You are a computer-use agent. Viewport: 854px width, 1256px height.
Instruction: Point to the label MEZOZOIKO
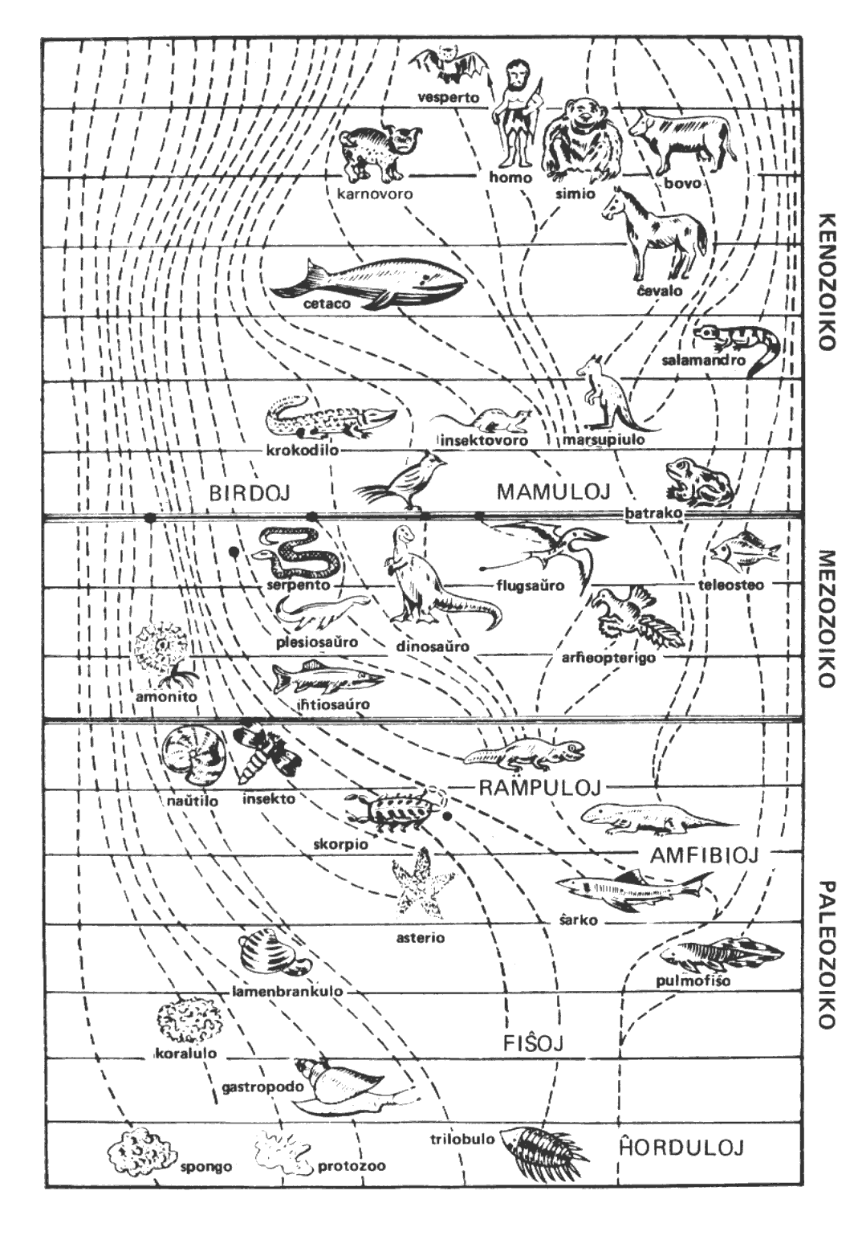[x=827, y=618]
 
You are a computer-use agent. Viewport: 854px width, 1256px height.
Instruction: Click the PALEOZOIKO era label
[x=827, y=955]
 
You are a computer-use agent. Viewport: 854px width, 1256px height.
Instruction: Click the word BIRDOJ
[x=249, y=492]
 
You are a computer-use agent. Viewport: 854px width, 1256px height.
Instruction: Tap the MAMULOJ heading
[x=554, y=491]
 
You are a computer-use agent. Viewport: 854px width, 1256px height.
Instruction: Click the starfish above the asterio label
[x=421, y=887]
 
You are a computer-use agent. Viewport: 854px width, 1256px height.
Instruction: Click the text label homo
[x=511, y=177]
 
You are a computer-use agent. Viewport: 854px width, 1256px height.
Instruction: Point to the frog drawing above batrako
[x=698, y=482]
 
